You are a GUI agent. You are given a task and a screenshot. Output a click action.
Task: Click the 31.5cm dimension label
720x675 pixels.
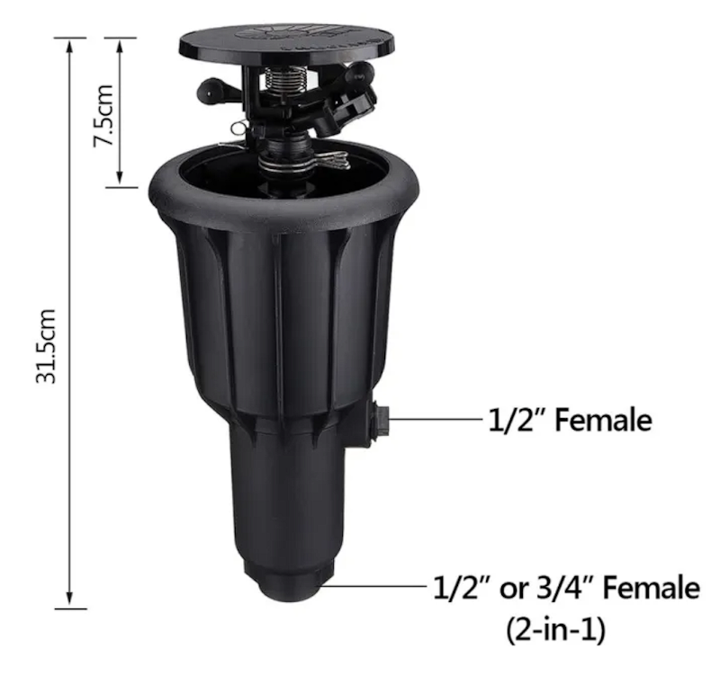47,346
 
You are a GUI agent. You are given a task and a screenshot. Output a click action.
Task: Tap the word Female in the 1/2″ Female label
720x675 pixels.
603,420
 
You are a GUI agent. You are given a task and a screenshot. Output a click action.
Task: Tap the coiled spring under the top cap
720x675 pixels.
279,79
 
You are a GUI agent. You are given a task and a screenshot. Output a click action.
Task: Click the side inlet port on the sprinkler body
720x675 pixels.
379,420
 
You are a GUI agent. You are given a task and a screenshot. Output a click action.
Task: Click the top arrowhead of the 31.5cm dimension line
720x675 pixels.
69,46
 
